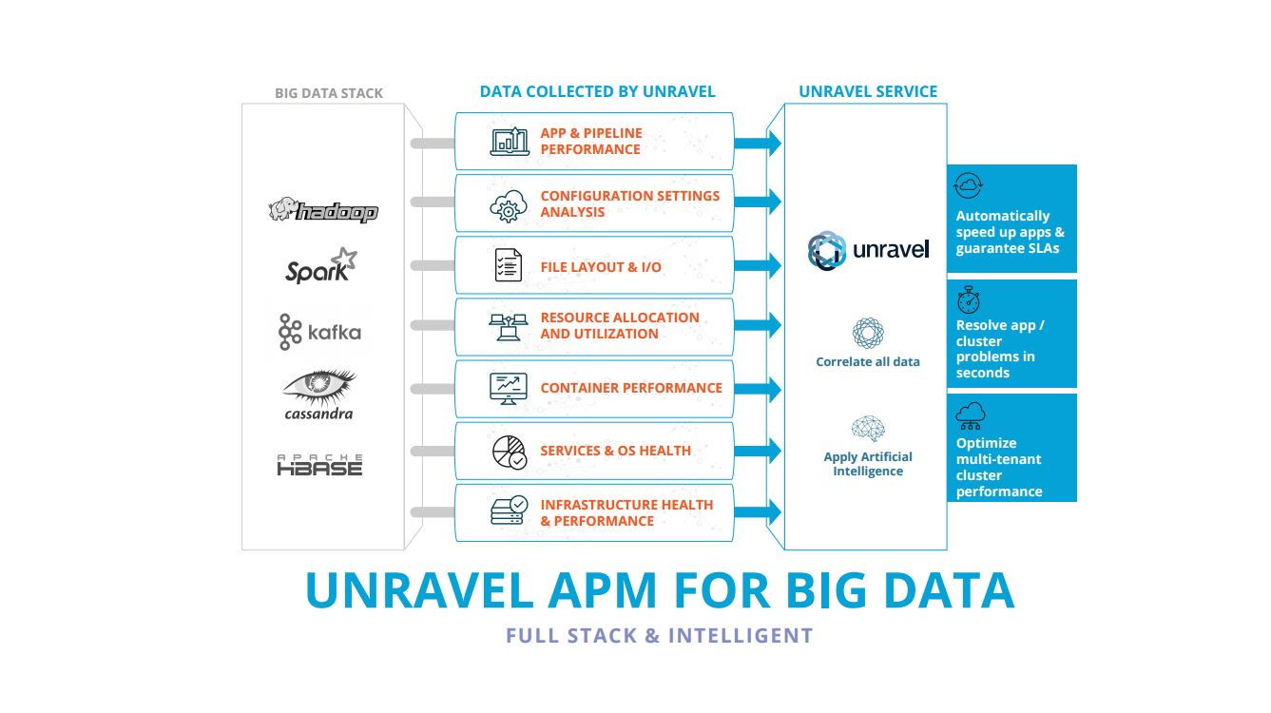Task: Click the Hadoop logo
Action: point(323,211)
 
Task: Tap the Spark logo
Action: point(321,266)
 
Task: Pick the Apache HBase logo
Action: point(319,465)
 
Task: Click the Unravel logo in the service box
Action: point(867,250)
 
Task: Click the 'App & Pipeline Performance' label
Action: point(590,142)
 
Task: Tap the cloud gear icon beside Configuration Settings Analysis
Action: point(509,205)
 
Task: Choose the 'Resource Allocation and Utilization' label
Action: point(619,326)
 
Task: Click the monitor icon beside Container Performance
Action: point(509,388)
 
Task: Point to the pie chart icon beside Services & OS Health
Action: point(509,452)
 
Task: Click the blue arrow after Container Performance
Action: point(760,390)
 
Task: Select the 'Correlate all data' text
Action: point(867,362)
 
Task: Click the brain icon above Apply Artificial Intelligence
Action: point(868,429)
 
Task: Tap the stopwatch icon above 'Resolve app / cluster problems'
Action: point(968,301)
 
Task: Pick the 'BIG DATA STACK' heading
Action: point(329,93)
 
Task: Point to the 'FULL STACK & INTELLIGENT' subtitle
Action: point(659,636)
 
